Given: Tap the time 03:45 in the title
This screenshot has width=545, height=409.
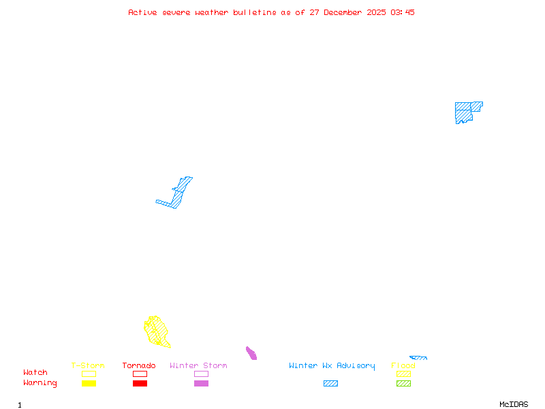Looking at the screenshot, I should point(403,12).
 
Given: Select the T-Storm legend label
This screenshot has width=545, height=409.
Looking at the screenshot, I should point(88,365).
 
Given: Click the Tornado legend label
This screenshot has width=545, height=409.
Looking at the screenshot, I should point(139,365).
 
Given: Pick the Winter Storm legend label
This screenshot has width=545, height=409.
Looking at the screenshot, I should point(198,365).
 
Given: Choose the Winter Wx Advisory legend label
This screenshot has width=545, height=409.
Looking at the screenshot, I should point(332,365).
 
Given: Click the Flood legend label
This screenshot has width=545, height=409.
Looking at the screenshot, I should point(403,365).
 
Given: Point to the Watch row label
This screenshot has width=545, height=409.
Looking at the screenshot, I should point(35,373).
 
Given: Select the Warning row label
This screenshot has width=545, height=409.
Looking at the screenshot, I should point(40,383).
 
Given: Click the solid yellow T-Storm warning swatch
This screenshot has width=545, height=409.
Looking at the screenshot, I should point(89,383).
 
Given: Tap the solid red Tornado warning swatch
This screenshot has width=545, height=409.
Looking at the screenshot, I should point(140,383).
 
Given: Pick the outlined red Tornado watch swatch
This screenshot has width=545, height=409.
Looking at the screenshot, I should point(140,374).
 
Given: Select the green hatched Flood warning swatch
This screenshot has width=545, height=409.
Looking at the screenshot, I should point(403,383).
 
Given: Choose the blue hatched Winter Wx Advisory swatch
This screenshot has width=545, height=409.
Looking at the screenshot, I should point(330,383).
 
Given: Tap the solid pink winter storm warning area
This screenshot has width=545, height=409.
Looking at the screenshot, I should point(251,353).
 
